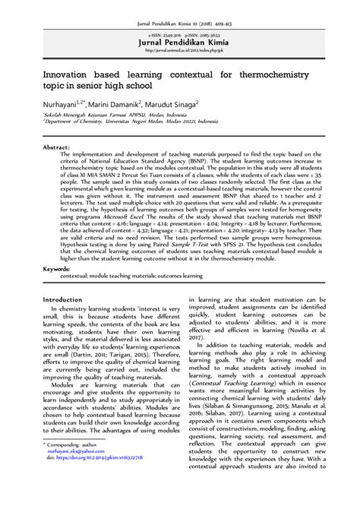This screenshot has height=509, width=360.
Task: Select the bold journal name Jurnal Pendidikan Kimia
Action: [x=179, y=43]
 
